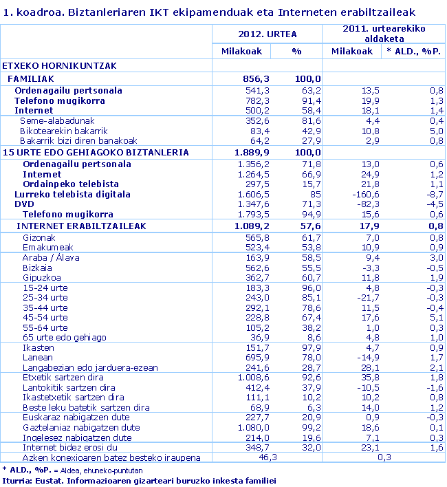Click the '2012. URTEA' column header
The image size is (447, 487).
pos(267,33)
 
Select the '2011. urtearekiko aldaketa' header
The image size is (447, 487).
pos(384,33)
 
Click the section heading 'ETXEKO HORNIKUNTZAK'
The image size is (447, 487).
pos(58,66)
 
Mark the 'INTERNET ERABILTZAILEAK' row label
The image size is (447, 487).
pos(81,226)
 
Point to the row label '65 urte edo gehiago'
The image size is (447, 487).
pos(65,338)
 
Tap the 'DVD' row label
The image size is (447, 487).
pos(25,204)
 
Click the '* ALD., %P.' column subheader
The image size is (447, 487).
pos(413,52)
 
